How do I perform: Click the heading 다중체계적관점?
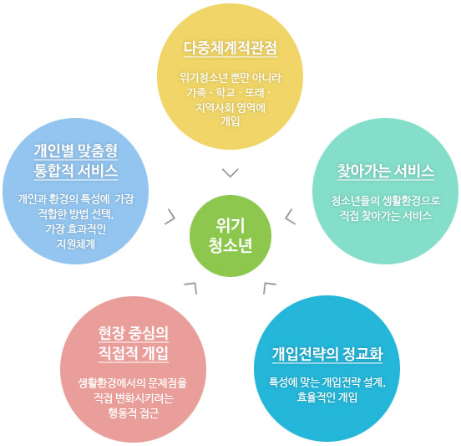pyautogui.click(x=230, y=48)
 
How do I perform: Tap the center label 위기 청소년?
pyautogui.click(x=230, y=236)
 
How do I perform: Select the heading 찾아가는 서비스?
pyautogui.click(x=386, y=171)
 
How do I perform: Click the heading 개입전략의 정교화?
pyautogui.click(x=327, y=354)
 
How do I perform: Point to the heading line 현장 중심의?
pyautogui.click(x=134, y=333)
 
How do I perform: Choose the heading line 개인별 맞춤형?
pyautogui.click(x=76, y=151)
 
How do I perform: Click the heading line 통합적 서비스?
pyautogui.click(x=76, y=171)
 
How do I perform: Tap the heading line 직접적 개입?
pyautogui.click(x=134, y=353)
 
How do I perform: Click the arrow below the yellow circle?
pyautogui.click(x=230, y=173)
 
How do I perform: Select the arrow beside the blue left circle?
pyautogui.click(x=170, y=217)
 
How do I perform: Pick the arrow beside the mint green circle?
pyautogui.click(x=290, y=217)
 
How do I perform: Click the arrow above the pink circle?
pyautogui.click(x=190, y=288)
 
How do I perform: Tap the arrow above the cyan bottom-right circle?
pyautogui.click(x=269, y=288)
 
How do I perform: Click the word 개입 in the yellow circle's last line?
pyautogui.click(x=230, y=121)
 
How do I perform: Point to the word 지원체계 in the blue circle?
pyautogui.click(x=76, y=244)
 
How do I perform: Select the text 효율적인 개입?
pyautogui.click(x=327, y=397)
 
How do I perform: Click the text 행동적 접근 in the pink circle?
pyautogui.click(x=134, y=413)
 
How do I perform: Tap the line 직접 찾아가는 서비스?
pyautogui.click(x=386, y=216)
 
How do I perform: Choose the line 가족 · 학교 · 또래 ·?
pyautogui.click(x=229, y=93)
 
